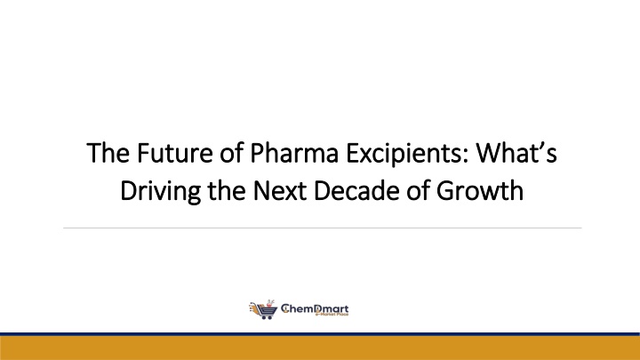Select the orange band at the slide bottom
[x=320, y=348]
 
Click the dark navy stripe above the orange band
[x=320, y=335]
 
